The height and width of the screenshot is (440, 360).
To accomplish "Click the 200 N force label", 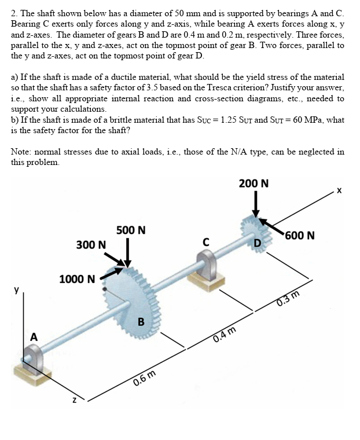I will tap(254, 184).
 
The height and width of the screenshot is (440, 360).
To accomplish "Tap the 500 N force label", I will tap(131, 230).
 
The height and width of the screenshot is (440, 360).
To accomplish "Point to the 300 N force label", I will tap(91, 245).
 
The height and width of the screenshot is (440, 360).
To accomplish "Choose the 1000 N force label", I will tap(77, 279).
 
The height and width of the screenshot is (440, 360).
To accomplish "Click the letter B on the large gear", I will tap(140, 321).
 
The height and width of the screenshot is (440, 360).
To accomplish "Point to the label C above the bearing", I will tap(205, 241).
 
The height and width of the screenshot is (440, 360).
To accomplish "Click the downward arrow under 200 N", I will tap(255, 205).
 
